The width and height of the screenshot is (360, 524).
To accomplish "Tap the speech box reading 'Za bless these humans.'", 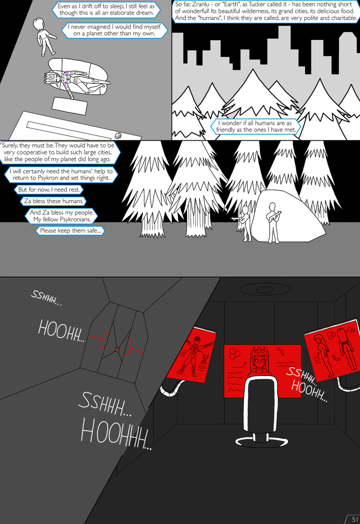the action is click(54, 201).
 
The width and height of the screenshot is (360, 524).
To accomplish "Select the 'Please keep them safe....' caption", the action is click(70, 230).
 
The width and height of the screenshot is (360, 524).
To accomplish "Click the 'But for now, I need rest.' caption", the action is click(49, 189).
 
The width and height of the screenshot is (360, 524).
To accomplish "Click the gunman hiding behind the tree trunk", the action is click(244, 223).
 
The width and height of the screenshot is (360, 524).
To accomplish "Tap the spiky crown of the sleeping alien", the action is click(47, 78).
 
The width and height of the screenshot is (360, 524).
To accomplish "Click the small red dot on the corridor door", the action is click(117, 350).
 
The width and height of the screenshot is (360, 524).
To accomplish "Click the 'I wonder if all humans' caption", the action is click(255, 126).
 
